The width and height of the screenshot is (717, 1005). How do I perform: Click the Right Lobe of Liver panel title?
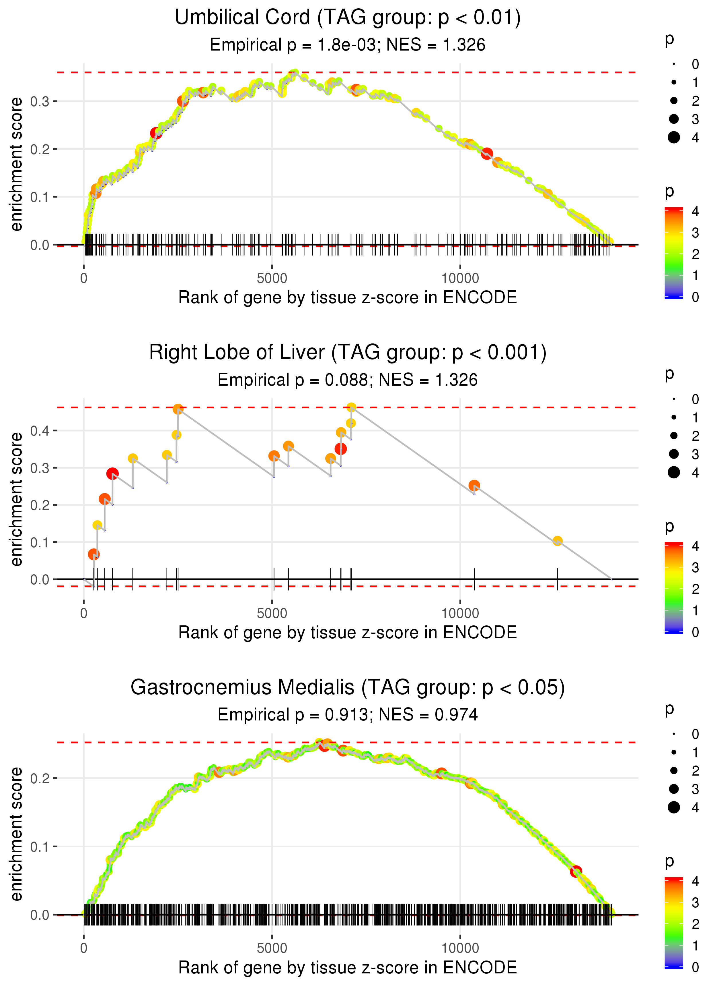click(x=348, y=353)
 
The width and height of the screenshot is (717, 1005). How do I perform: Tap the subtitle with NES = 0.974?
click(x=348, y=715)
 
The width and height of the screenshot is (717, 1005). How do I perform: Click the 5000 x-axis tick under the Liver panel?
click(x=272, y=613)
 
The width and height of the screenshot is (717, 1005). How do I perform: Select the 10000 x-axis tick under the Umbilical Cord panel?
click(x=460, y=279)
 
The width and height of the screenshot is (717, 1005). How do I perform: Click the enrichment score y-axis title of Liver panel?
click(x=16, y=499)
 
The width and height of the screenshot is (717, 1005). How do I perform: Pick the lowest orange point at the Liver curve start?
click(x=93, y=554)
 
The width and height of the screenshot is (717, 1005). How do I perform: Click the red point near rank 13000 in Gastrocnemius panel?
click(x=576, y=871)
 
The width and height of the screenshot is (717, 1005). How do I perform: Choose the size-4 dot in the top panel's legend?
click(x=674, y=138)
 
